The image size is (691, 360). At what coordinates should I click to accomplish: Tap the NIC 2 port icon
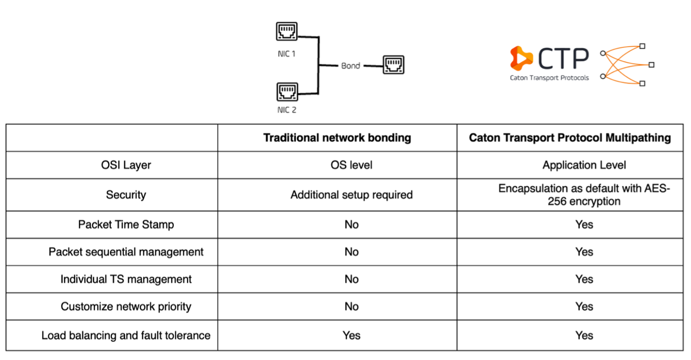[287, 93]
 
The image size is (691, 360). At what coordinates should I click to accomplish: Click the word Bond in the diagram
[350, 66]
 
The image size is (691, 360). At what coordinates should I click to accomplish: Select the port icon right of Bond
[394, 65]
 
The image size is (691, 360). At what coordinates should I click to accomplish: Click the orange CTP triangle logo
[521, 58]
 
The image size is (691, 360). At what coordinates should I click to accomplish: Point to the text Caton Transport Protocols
[549, 78]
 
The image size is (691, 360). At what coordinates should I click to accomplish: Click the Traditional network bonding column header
[337, 138]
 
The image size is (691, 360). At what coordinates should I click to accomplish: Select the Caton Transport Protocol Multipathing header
[570, 138]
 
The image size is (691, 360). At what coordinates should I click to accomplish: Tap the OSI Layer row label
[126, 165]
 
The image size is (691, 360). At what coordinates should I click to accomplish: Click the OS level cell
[351, 165]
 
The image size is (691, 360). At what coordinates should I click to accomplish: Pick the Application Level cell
[584, 165]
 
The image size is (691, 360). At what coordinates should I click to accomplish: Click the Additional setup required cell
[351, 195]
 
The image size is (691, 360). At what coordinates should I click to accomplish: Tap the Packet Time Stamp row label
[126, 225]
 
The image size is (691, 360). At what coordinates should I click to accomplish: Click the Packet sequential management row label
[126, 252]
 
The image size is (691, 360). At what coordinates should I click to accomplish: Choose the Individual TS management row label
[126, 279]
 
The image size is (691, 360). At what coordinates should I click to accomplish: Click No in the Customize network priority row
[351, 306]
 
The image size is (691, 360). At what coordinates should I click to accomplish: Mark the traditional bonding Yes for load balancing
[351, 335]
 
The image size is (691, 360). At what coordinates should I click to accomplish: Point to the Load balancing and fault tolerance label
[126, 335]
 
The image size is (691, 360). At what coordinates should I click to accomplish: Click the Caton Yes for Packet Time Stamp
[584, 225]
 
